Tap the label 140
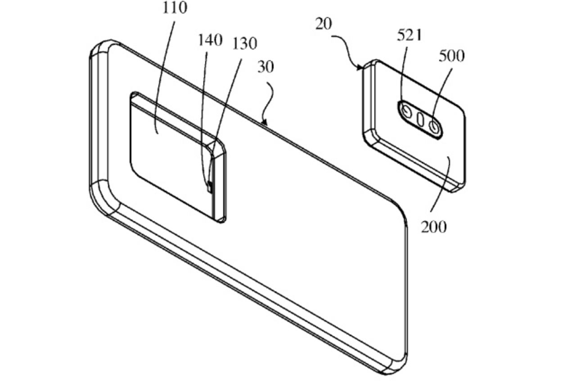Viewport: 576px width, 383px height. (210, 40)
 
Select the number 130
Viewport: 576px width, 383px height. (244, 44)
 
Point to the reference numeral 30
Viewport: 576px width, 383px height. (265, 67)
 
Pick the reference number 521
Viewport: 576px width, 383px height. (409, 35)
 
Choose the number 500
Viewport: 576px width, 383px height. (451, 56)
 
